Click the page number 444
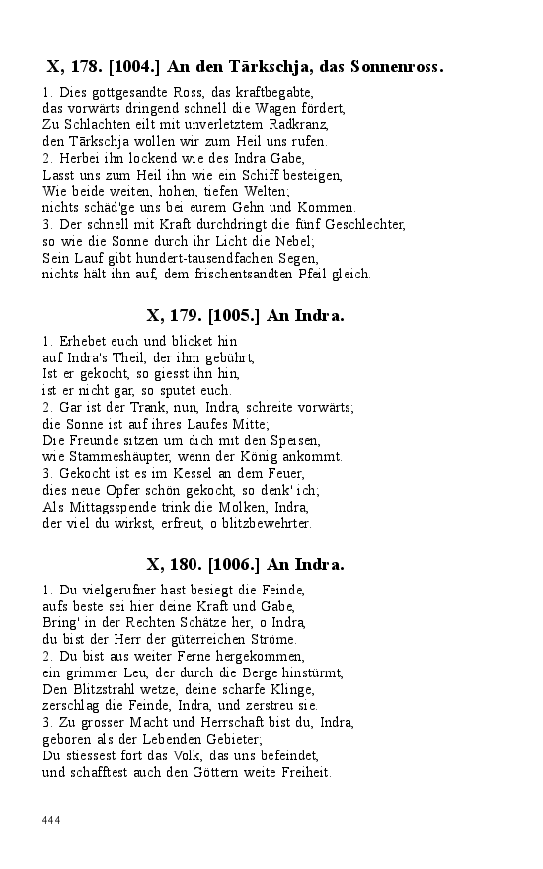(52, 819)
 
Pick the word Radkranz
(297, 125)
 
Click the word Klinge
(293, 688)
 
